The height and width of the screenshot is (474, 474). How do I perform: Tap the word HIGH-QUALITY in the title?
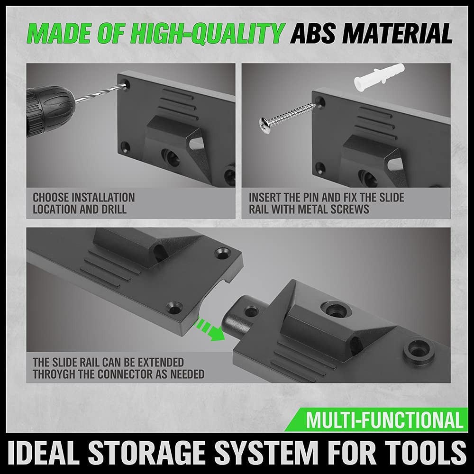pyautogui.click(x=209, y=34)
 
